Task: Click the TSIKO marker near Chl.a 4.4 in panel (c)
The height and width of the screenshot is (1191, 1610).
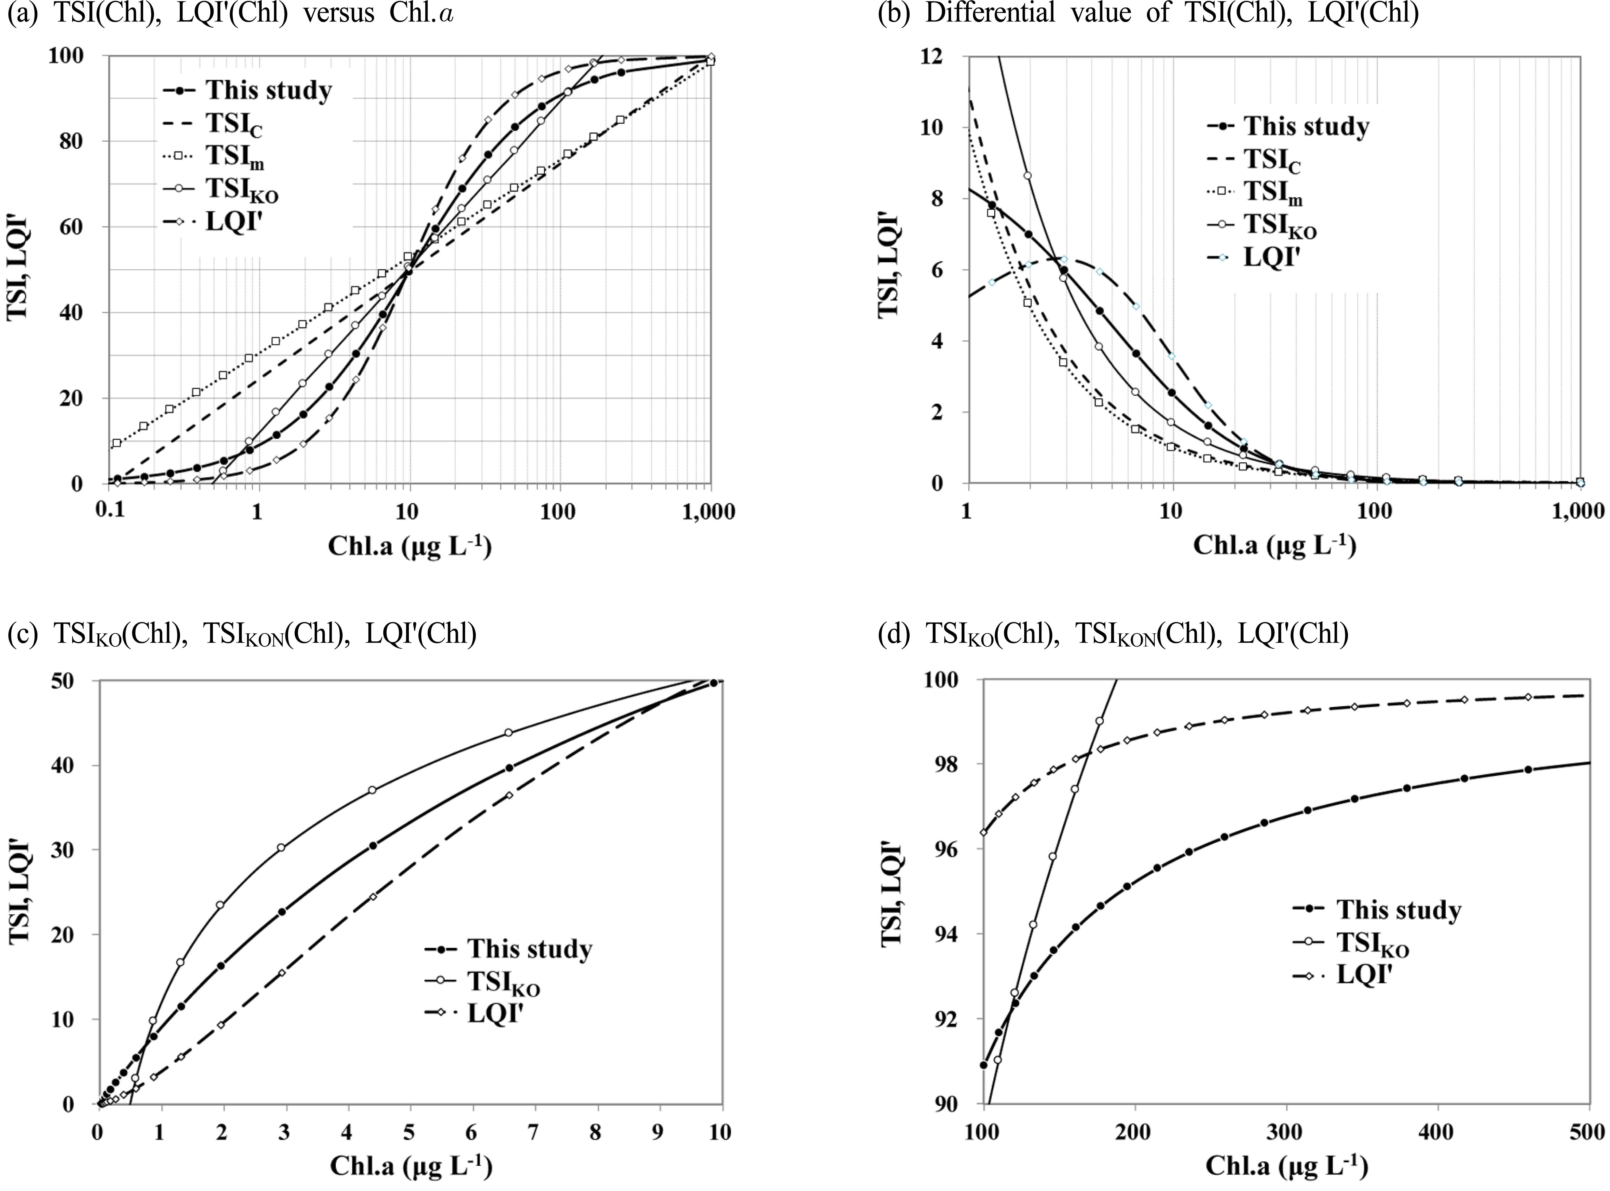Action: [x=372, y=790]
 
